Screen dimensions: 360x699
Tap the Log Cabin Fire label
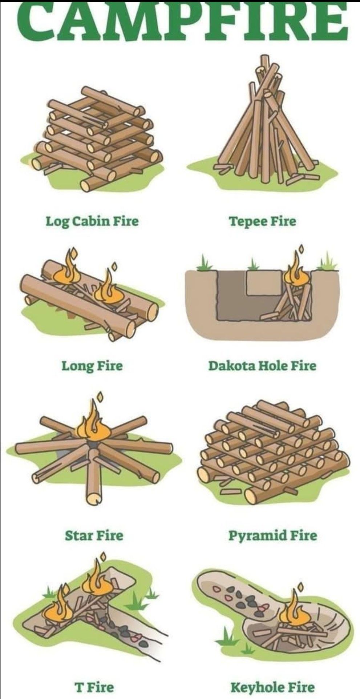pos(92,221)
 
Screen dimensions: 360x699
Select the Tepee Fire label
pos(262,221)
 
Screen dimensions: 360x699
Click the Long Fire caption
pos(92,366)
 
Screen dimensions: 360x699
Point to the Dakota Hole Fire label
pos(262,365)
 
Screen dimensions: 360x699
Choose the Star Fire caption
pos(94,535)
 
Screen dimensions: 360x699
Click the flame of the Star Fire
pos(93,423)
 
